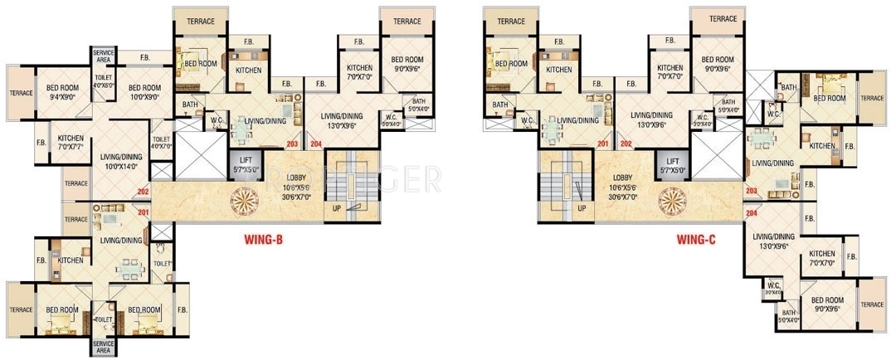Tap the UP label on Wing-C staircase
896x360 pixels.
tap(582, 207)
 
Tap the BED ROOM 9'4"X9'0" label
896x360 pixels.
tap(62, 92)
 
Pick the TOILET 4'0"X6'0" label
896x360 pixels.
tap(103, 80)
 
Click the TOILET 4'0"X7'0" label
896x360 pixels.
tap(162, 143)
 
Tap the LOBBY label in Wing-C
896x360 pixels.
tap(623, 187)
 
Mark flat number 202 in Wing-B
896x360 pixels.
tap(143, 194)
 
